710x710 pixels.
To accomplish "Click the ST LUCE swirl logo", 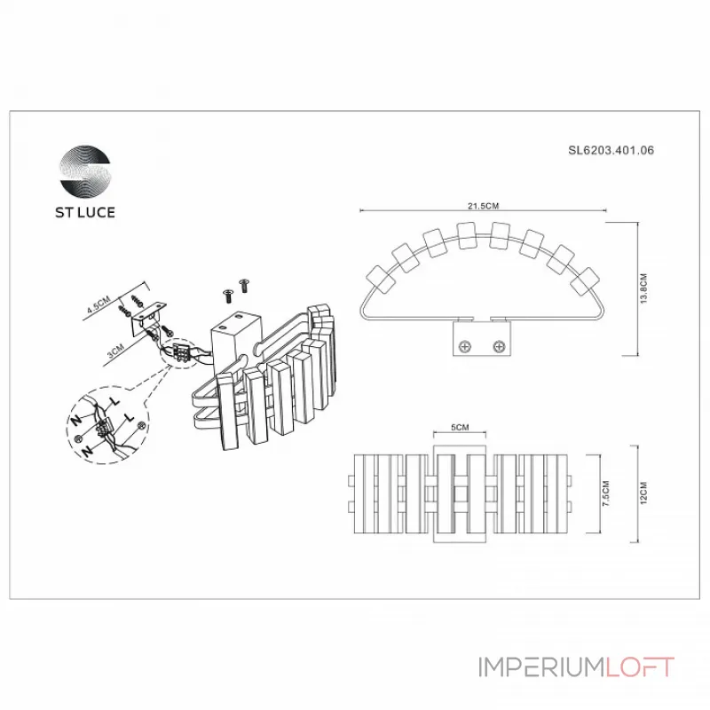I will tap(86, 170).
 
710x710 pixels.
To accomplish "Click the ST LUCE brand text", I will tap(86, 213).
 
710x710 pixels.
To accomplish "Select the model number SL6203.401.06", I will tap(611, 151).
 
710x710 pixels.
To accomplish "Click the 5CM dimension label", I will tap(460, 428).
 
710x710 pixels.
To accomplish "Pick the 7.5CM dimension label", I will tap(605, 495).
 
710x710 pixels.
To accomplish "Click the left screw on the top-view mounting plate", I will tap(468, 345).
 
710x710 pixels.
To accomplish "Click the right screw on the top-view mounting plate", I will tap(500, 345).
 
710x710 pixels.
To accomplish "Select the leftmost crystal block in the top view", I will tap(383, 278).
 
